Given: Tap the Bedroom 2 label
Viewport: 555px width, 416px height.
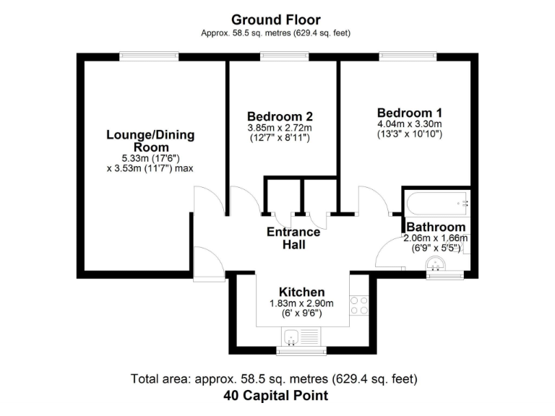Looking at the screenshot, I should pyautogui.click(x=280, y=116).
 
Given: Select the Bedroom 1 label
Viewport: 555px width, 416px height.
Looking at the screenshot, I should pyautogui.click(x=409, y=113).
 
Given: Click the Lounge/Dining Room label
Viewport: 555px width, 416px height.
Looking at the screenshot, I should pyautogui.click(x=150, y=141).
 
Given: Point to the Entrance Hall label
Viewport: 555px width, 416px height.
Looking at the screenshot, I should pyautogui.click(x=293, y=238).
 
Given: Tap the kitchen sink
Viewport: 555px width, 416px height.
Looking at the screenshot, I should pyautogui.click(x=293, y=336).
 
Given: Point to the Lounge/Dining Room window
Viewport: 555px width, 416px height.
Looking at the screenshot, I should pyautogui.click(x=149, y=55).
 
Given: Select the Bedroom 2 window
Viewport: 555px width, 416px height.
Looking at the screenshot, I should pyautogui.click(x=285, y=55).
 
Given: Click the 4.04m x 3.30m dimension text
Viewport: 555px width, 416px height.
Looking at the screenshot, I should pyautogui.click(x=409, y=124).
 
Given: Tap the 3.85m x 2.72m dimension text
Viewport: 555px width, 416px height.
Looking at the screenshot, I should pyautogui.click(x=280, y=128).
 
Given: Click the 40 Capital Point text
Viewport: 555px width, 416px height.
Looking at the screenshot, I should pyautogui.click(x=275, y=395).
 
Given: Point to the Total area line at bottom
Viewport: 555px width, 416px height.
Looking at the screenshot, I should pyautogui.click(x=274, y=378).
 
